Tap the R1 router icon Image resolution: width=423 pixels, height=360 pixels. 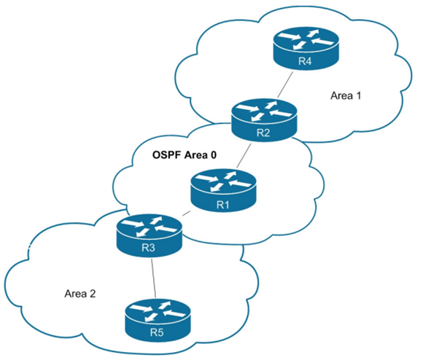tap(222, 188)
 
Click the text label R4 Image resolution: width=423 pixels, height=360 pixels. tap(305, 61)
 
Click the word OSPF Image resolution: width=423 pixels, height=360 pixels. tap(166, 155)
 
